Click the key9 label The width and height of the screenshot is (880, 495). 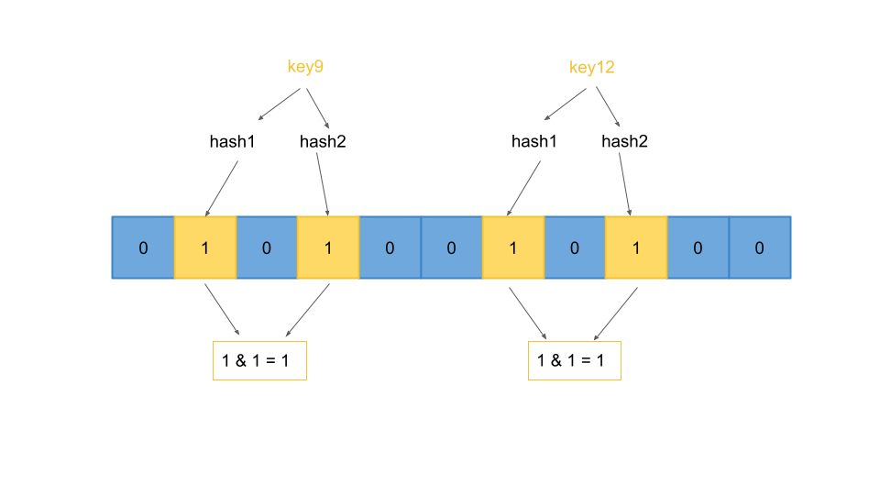305,67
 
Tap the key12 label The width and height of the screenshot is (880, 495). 591,67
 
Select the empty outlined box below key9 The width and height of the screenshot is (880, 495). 259,360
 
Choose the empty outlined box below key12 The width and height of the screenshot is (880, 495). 575,360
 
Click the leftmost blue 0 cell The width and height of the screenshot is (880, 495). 143,247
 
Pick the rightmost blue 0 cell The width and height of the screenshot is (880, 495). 760,247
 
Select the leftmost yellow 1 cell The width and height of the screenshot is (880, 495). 205,247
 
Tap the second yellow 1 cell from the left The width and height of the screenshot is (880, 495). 328,247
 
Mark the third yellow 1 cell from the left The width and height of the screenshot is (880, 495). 513,247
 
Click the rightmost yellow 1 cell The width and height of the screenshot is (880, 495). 636,247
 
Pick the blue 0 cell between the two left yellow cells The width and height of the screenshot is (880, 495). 267,247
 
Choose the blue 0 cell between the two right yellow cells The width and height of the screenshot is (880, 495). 575,247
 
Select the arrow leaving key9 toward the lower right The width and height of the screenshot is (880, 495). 318,108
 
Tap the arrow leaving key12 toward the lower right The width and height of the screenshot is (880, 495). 608,107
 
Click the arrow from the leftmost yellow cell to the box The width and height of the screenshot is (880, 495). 223,310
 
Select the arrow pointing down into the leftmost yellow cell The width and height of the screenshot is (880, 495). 221,189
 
